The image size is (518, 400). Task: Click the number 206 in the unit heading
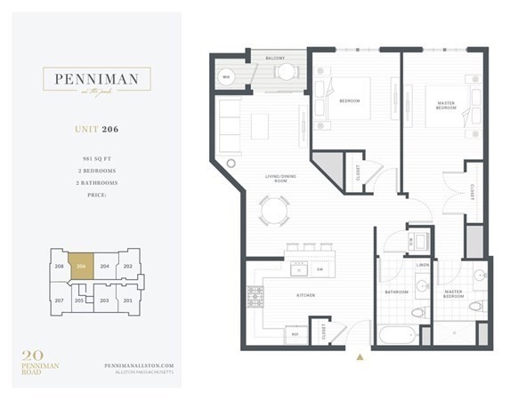109,129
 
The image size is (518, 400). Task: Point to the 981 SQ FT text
93,157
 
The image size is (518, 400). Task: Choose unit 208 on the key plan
59,267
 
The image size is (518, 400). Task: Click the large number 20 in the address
33,356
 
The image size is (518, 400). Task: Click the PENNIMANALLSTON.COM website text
133,364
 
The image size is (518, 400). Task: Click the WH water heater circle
226,76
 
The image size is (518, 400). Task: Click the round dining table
274,212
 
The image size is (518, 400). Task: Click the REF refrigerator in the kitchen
295,334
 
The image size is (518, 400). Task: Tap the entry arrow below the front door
360,356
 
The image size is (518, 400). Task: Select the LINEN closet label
421,265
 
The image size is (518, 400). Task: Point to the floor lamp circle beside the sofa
231,163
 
